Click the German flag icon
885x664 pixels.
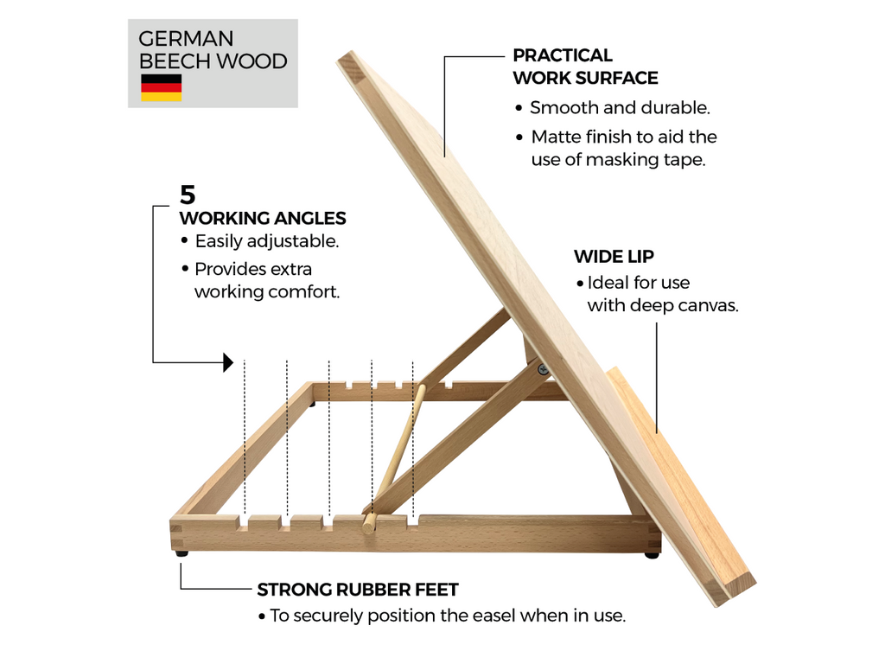pyautogui.click(x=161, y=87)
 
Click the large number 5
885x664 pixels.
pyautogui.click(x=188, y=194)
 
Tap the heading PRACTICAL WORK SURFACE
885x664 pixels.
pyautogui.click(x=585, y=67)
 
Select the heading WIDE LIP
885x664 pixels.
pyautogui.click(x=614, y=257)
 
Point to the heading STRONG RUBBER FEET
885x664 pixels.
pyautogui.click(x=358, y=591)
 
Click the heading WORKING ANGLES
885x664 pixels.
pyautogui.click(x=263, y=219)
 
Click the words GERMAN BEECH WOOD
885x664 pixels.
pyautogui.click(x=213, y=50)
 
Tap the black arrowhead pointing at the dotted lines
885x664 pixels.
pyautogui.click(x=228, y=362)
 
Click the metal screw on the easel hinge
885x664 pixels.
pyautogui.click(x=543, y=370)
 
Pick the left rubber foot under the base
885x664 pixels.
pyautogui.click(x=181, y=552)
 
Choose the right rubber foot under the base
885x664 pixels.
pyautogui.click(x=651, y=554)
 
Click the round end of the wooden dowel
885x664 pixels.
pyautogui.click(x=369, y=524)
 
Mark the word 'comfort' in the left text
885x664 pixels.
pyautogui.click(x=302, y=291)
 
